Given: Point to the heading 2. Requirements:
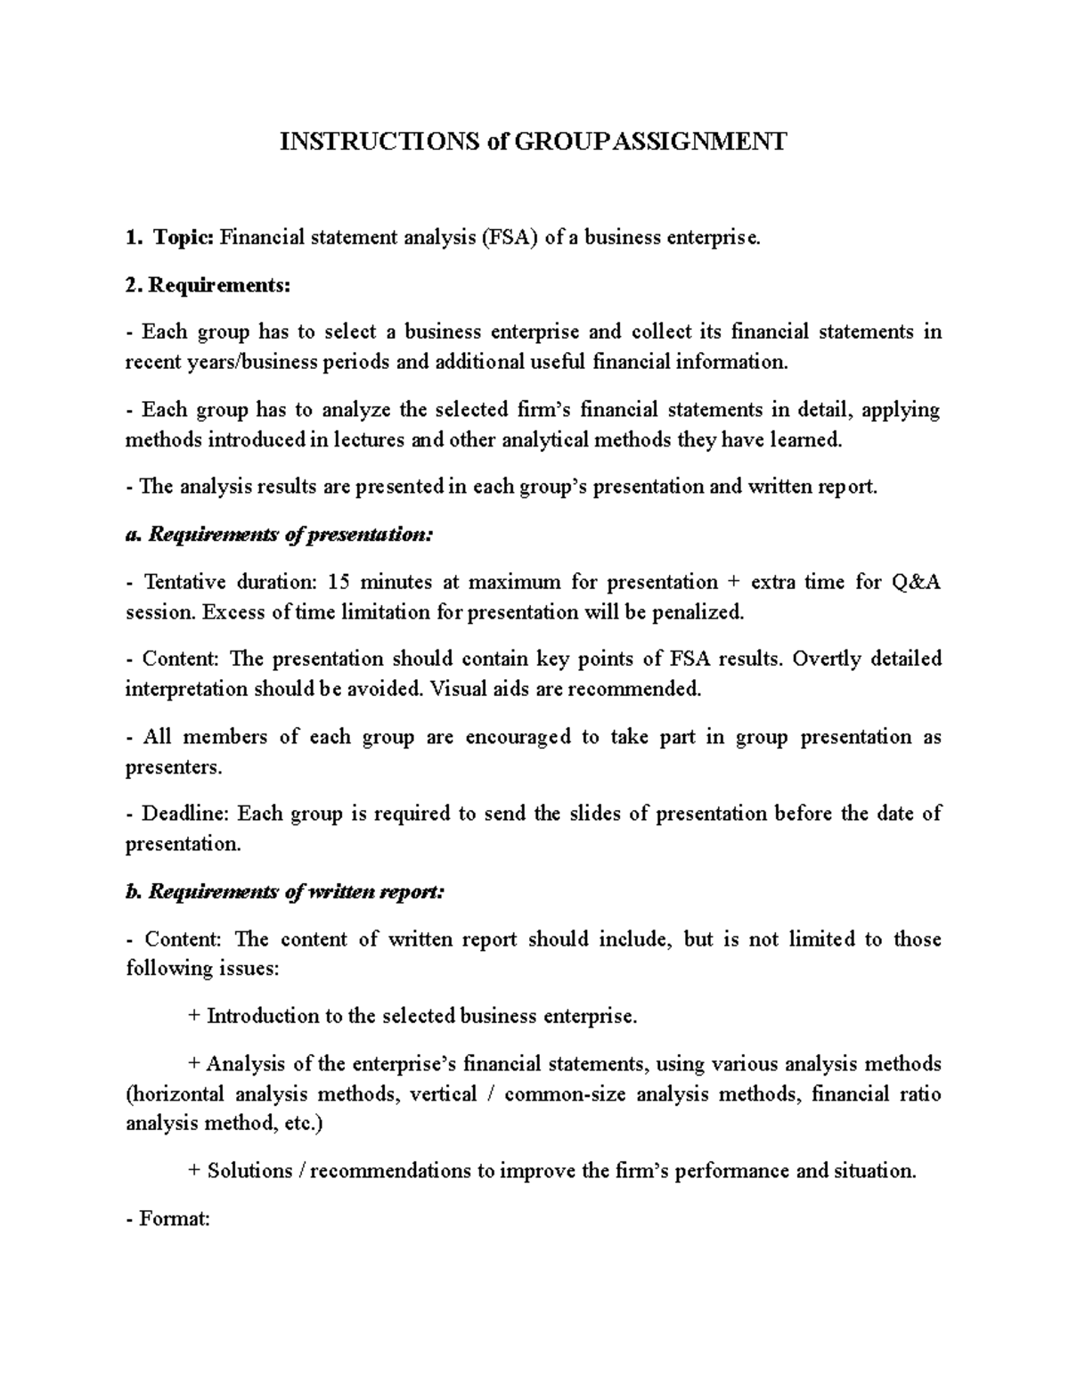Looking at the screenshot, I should (x=208, y=285).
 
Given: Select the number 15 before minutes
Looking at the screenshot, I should (x=339, y=583).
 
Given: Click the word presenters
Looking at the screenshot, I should (x=170, y=766).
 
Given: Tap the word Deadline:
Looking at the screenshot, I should (x=186, y=814).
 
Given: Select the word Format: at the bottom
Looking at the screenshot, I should (x=175, y=1218).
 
